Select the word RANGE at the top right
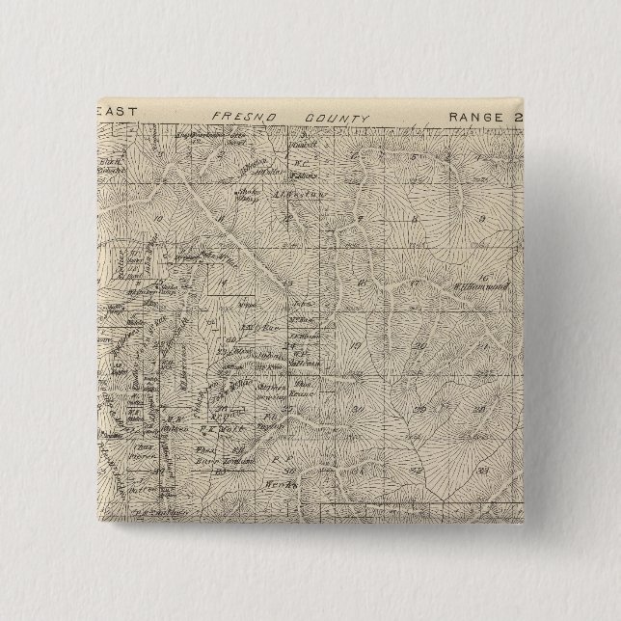(x=473, y=116)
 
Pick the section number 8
(x=414, y=220)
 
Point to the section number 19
(x=356, y=345)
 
